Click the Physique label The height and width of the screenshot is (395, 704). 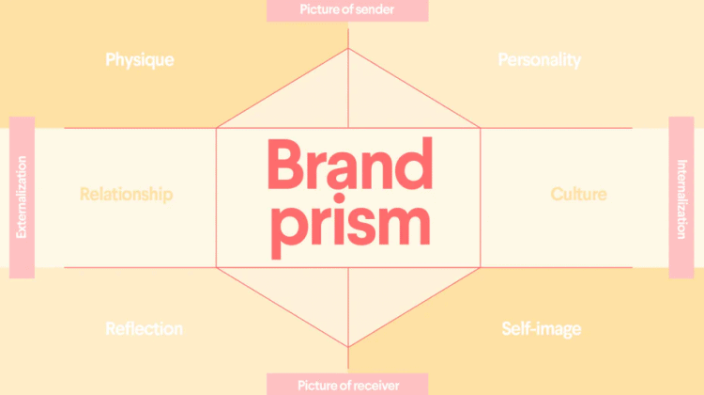tap(140, 60)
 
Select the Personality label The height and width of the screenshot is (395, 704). tap(539, 60)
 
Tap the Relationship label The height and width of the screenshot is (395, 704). tap(126, 195)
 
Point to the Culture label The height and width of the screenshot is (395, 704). tap(578, 194)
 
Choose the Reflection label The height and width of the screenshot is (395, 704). tap(144, 328)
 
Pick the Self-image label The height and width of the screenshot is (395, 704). tap(541, 329)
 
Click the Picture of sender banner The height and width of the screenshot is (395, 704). tap(347, 10)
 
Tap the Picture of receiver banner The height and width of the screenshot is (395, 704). tap(347, 385)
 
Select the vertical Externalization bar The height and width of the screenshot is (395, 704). tap(22, 197)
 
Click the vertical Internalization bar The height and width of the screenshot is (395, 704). tap(681, 197)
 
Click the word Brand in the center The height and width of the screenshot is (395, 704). tap(350, 164)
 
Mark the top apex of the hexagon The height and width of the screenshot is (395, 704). tap(348, 49)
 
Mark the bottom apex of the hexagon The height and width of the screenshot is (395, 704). tap(348, 347)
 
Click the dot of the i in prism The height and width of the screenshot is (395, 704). tap(340, 198)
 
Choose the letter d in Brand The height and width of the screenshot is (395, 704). tap(413, 164)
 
